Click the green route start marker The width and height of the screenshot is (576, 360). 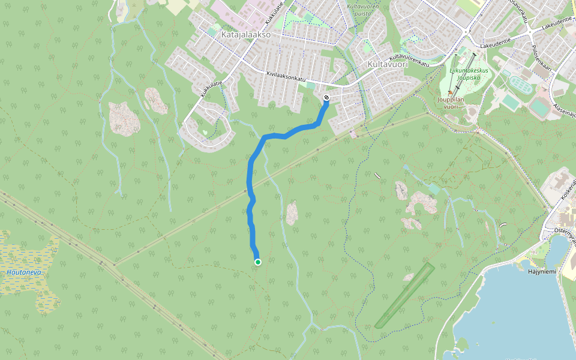click(258, 262)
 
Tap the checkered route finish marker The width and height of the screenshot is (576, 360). click(326, 97)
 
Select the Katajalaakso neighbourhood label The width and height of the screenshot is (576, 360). click(246, 35)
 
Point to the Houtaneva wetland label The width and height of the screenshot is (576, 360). click(24, 272)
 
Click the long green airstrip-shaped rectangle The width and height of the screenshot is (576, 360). click(404, 295)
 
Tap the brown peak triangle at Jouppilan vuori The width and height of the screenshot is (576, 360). click(450, 93)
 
